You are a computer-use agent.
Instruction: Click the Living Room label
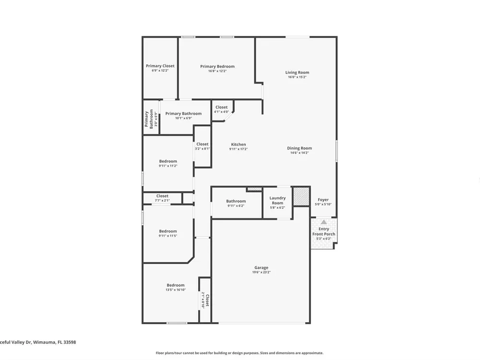tap(297, 72)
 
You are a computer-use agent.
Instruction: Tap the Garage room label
tap(261, 267)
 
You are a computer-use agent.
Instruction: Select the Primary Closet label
tap(160, 66)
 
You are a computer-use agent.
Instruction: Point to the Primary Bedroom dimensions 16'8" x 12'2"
tap(217, 71)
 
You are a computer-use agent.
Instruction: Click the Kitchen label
tap(239, 144)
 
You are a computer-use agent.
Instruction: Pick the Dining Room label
tap(300, 148)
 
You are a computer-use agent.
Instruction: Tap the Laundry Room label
tap(277, 201)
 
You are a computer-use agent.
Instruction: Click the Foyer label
tap(323, 200)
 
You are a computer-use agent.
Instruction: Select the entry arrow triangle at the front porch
tap(324, 222)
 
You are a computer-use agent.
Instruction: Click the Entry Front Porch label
tap(324, 231)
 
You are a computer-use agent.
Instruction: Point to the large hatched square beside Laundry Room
tap(301, 196)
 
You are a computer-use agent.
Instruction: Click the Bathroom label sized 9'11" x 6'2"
tap(236, 201)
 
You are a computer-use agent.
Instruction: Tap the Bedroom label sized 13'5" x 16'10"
tap(176, 285)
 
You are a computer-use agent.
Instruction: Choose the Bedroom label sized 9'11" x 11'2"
tap(168, 161)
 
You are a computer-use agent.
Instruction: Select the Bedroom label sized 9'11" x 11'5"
tap(168, 231)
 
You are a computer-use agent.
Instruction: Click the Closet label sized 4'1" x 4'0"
tap(221, 107)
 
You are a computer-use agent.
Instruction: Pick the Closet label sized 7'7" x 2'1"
tap(162, 196)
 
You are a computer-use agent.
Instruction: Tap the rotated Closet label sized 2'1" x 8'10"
tap(207, 300)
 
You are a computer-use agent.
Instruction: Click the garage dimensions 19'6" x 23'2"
tap(261, 272)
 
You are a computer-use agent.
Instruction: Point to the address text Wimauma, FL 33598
tap(55, 342)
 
